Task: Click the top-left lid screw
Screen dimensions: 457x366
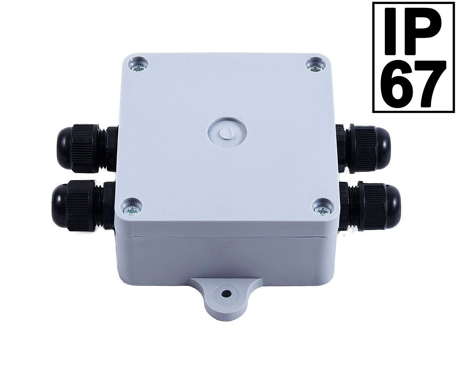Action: point(138,68)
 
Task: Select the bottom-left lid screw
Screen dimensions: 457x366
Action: point(132,211)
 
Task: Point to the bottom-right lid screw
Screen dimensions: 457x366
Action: point(322,211)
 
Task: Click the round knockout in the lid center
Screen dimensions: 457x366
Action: point(227,134)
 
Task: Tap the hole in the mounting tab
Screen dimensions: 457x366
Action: point(226,294)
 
